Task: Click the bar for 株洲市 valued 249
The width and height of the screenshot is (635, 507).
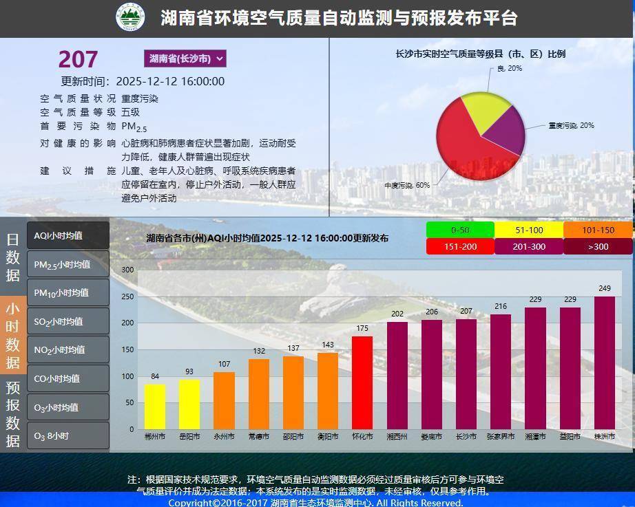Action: tap(604, 363)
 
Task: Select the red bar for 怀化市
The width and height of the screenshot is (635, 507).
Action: tap(362, 382)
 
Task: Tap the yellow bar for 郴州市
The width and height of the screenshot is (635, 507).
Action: tap(155, 407)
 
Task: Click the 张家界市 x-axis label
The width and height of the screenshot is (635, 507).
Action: tap(501, 437)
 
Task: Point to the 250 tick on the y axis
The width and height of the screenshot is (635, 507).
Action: tap(127, 296)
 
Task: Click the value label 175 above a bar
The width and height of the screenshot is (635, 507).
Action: tap(362, 329)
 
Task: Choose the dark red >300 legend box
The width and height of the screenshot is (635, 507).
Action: tap(598, 247)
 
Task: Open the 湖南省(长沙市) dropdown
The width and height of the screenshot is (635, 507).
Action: tap(185, 58)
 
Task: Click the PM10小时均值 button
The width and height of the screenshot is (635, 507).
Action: tap(68, 292)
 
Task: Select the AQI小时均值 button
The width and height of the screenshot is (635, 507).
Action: tap(68, 235)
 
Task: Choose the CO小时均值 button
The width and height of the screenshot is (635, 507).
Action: tap(68, 378)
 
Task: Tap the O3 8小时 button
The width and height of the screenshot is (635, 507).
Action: tap(68, 435)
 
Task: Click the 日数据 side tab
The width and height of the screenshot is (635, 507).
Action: tap(13, 257)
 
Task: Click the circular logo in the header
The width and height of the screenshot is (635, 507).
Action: tap(130, 18)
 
